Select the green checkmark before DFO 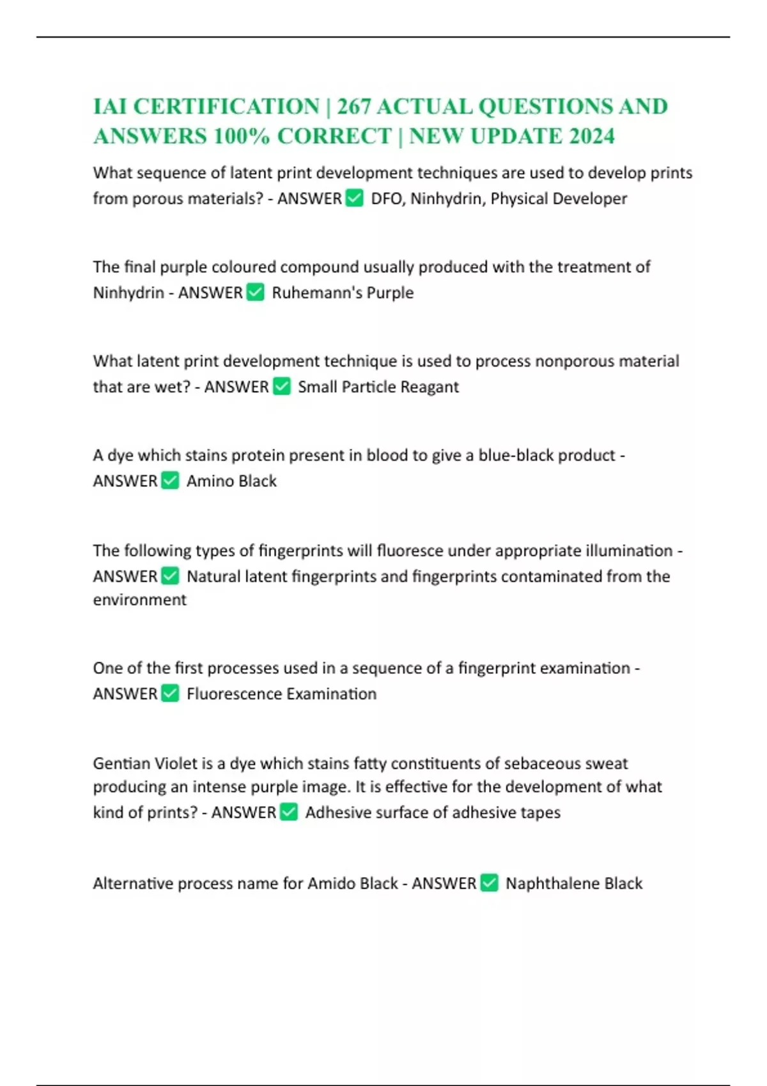click(x=354, y=198)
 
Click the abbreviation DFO click(x=386, y=199)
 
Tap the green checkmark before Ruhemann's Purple click(x=255, y=293)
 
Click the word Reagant click(x=430, y=387)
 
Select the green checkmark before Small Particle click(x=281, y=386)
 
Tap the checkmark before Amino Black click(x=170, y=480)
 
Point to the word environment click(x=140, y=600)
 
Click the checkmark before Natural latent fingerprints click(x=170, y=576)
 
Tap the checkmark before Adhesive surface click(x=289, y=812)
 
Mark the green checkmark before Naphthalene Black click(x=490, y=883)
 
